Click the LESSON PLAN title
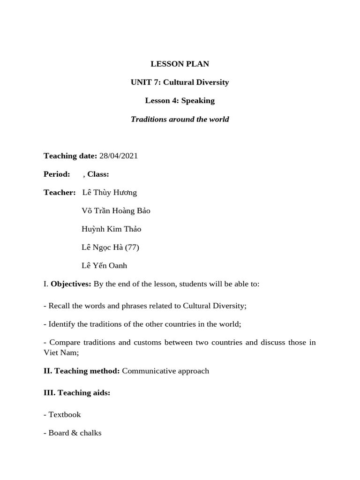coord(180,64)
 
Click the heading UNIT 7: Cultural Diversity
coord(180,82)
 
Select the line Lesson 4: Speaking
coord(180,100)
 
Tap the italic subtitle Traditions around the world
coord(180,119)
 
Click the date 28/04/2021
coord(119,156)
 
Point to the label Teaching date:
coord(70,156)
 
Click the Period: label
coord(57,174)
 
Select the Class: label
coord(98,174)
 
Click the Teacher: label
coord(60,192)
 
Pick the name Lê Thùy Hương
coord(110,192)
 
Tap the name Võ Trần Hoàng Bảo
coord(116,210)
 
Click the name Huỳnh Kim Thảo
coord(111,229)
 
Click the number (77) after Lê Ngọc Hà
coord(132,247)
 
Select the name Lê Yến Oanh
coord(104,265)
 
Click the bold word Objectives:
coord(71,284)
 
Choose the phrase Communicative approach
coord(165,371)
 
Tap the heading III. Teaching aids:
coord(77,392)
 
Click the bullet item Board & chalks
coord(75,433)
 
